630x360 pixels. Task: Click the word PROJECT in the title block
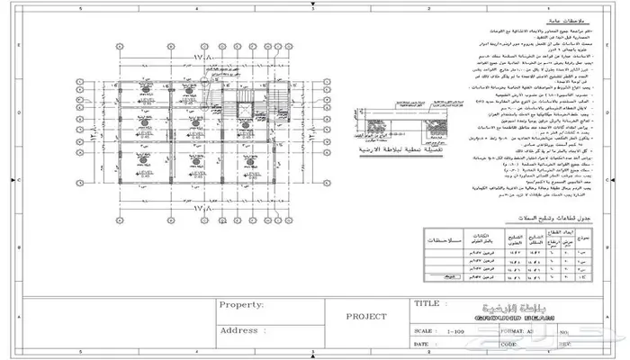pyautogui.click(x=366, y=317)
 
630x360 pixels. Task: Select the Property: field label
pyautogui.click(x=240, y=304)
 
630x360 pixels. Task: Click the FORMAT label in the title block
pyautogui.click(x=515, y=331)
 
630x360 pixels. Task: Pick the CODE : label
pyautogui.click(x=511, y=344)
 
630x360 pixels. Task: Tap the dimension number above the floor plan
pyautogui.click(x=211, y=58)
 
